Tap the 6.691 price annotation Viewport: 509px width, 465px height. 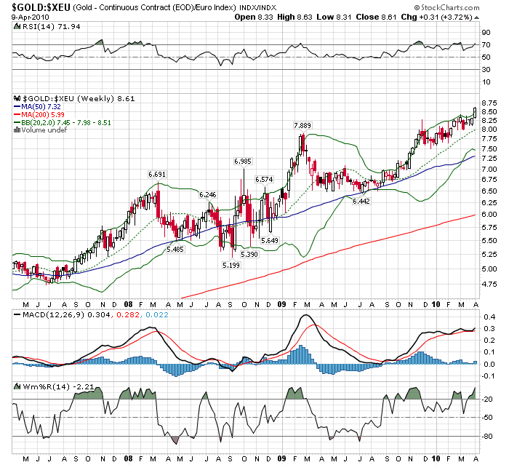pyautogui.click(x=158, y=175)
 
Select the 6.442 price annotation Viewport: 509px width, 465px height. pyautogui.click(x=361, y=201)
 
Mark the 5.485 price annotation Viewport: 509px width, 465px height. pyautogui.click(x=175, y=249)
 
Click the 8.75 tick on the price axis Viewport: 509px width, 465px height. pyautogui.click(x=489, y=103)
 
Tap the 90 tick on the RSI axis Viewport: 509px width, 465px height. pyautogui.click(x=485, y=33)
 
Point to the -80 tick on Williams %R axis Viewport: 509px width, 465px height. pyautogui.click(x=486, y=436)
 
